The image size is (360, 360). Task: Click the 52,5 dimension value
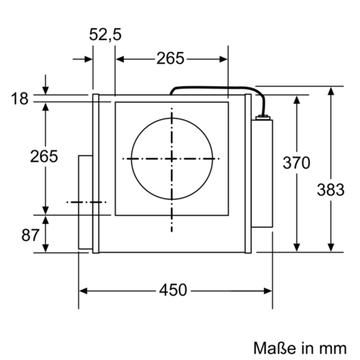105,34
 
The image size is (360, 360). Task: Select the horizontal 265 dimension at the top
170,58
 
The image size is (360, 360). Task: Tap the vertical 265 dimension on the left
44,156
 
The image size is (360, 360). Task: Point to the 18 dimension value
19,98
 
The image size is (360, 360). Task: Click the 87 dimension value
30,235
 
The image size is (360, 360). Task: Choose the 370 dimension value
296,163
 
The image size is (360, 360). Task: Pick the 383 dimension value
331,190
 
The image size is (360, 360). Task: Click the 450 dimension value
173,290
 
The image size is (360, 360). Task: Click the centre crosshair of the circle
172,159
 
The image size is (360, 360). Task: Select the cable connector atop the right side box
263,118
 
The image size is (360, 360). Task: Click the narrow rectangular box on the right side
262,174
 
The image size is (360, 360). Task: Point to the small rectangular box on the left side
85,202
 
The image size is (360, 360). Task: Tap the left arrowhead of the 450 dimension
83,291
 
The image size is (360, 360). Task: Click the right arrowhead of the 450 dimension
268,291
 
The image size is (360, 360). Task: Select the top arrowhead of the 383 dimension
331,91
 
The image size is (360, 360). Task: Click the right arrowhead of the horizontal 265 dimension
223,59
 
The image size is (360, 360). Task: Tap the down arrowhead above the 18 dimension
45,91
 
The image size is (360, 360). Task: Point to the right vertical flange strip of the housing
248,174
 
